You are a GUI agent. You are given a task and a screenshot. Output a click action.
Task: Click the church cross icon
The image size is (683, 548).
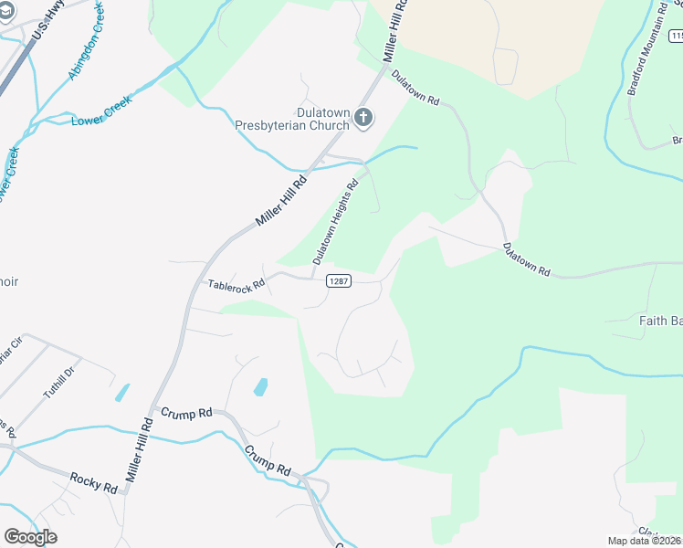(x=363, y=117)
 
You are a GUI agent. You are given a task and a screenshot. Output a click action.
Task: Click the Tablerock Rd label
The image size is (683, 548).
(x=236, y=284)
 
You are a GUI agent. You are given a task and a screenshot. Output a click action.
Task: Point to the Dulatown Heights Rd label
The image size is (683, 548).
(x=335, y=222)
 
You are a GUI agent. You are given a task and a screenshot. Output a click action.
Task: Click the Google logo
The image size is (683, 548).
(x=30, y=537)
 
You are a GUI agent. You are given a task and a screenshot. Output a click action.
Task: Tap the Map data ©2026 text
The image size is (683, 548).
(x=644, y=541)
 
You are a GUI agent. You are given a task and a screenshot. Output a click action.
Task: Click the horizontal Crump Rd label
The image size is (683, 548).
(x=186, y=413)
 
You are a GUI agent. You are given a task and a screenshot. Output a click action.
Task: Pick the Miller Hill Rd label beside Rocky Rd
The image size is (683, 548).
(x=138, y=451)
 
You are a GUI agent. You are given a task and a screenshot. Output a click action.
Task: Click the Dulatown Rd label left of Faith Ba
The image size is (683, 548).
(x=527, y=259)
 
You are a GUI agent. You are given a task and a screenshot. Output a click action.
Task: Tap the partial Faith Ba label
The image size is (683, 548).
(x=659, y=320)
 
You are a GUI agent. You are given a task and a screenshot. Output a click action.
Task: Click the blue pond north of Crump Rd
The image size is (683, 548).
(x=260, y=386)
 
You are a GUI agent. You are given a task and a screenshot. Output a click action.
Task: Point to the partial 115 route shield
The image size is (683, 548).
(x=676, y=36)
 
